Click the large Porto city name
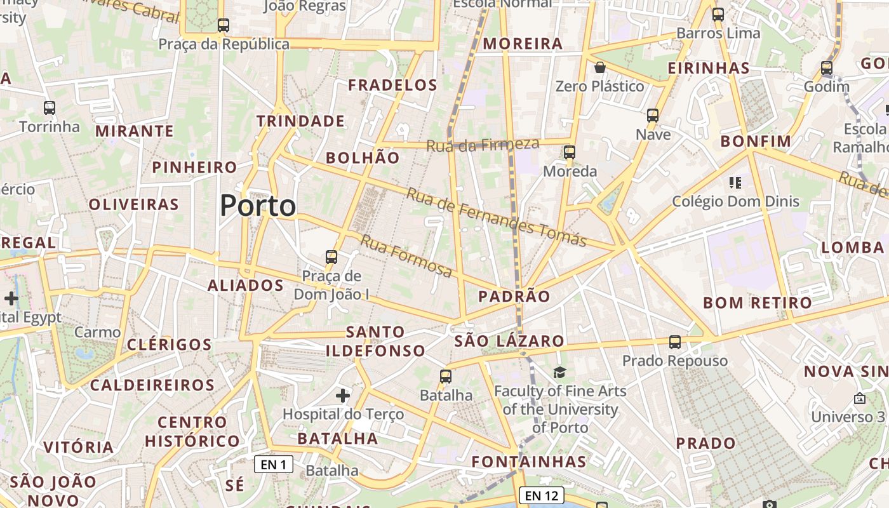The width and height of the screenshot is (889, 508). coord(258,206)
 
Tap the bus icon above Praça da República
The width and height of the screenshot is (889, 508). coord(223,25)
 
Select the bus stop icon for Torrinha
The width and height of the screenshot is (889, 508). coord(50,108)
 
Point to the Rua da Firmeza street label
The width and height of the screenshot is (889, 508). coord(483,145)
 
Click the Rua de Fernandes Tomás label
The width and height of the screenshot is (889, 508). coord(496,217)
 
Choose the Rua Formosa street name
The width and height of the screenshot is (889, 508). coord(406,256)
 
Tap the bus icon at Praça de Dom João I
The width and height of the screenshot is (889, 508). coord(331,257)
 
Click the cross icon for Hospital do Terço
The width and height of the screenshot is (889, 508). coord(343,396)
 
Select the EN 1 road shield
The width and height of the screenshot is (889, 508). coord(274,464)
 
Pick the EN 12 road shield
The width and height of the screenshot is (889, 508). coord(541,495)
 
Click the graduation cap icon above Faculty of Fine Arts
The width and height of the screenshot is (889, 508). coord(559,372)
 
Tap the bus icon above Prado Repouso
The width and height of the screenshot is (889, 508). coord(674,342)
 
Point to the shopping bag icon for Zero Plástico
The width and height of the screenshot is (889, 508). coord(600,67)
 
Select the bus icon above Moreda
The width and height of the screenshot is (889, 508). coord(570,152)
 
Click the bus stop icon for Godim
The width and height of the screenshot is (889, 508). coord(826,67)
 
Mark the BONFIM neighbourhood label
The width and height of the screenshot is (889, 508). coord(756,141)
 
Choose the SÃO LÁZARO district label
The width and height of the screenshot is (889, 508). coord(509,341)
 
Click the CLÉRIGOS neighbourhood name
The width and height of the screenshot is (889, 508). coord(169,345)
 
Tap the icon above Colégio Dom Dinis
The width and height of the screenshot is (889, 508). coord(735,183)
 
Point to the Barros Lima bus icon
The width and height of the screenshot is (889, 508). coord(718,14)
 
